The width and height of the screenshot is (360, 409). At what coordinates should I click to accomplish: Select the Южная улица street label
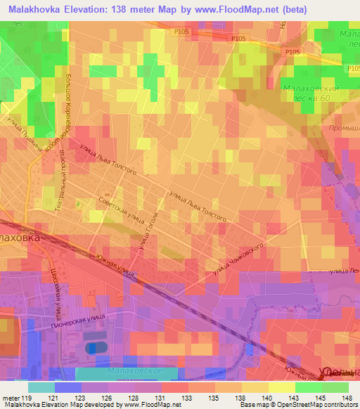pyautogui.click(x=112, y=268)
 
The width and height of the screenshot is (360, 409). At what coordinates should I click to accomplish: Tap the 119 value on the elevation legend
pyautogui.click(x=28, y=398)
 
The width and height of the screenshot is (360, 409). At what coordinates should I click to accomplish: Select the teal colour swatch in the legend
pyautogui.click(x=41, y=387)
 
